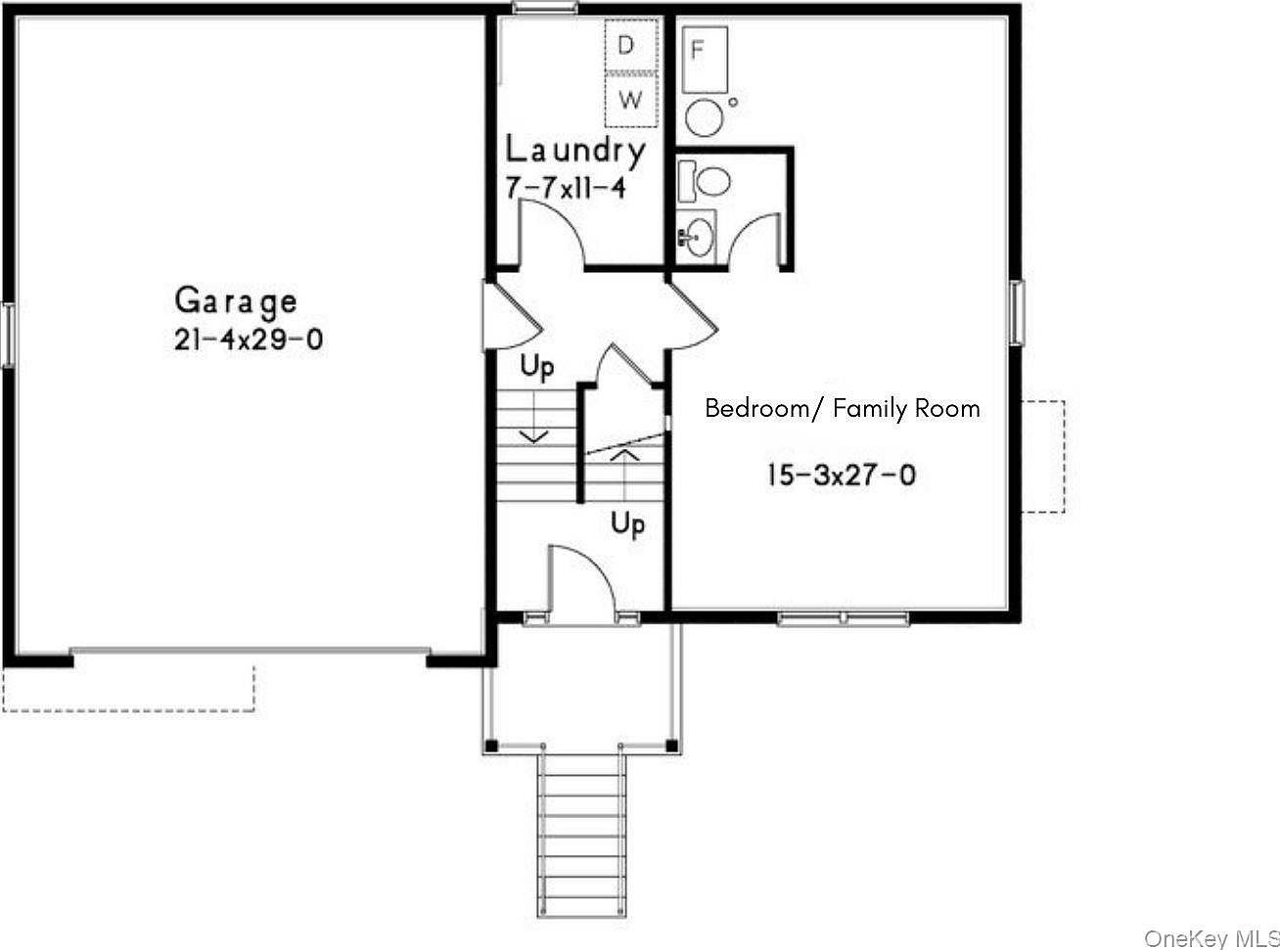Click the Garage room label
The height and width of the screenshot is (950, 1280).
pyautogui.click(x=235, y=300)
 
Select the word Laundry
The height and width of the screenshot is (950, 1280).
pyautogui.click(x=575, y=150)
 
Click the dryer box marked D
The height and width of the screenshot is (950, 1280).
pyautogui.click(x=629, y=45)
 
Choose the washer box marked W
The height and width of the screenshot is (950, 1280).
pyautogui.click(x=630, y=100)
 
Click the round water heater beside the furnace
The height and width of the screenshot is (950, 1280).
pyautogui.click(x=704, y=116)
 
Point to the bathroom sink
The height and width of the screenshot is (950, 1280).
pyautogui.click(x=699, y=236)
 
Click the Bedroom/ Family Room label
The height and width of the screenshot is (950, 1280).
pyautogui.click(x=843, y=408)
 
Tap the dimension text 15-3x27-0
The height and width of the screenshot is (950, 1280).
pyautogui.click(x=842, y=475)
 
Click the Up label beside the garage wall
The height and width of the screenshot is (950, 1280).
pyautogui.click(x=537, y=369)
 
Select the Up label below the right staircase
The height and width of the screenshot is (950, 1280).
pyautogui.click(x=627, y=523)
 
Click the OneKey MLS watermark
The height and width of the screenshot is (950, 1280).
pyautogui.click(x=1211, y=936)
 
